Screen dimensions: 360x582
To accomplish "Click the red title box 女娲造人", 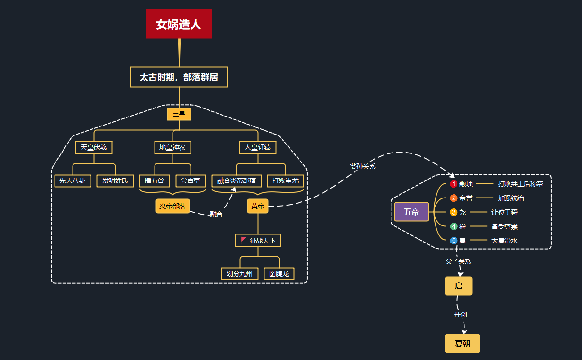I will click(179, 24).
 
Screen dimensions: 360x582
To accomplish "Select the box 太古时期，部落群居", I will click(179, 77).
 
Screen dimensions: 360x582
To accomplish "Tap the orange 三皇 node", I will click(179, 114).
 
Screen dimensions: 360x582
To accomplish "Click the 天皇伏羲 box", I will click(94, 147).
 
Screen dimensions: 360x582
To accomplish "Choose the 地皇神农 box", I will click(172, 147).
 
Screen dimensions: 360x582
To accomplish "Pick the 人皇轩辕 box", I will click(258, 147).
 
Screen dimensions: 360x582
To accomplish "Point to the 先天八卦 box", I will click(73, 180).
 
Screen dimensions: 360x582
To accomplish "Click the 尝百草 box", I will click(191, 180).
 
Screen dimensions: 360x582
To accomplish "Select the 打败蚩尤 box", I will click(285, 180).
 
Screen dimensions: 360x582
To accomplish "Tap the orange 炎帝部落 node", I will click(172, 206).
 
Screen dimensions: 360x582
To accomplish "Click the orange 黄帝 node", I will click(258, 206).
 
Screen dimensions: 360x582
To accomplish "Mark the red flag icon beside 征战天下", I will click(244, 240).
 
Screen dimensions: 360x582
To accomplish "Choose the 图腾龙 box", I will click(279, 273).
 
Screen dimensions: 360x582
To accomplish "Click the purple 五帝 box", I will click(411, 212).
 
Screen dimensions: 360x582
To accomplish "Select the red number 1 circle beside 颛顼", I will click(454, 184).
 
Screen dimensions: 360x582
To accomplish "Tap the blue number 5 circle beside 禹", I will click(454, 241).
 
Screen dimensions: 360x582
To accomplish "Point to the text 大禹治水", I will click(504, 241).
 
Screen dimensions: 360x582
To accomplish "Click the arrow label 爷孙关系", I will click(363, 166).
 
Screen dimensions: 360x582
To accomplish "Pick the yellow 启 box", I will click(458, 286).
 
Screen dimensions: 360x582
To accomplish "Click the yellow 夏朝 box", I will click(462, 343).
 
